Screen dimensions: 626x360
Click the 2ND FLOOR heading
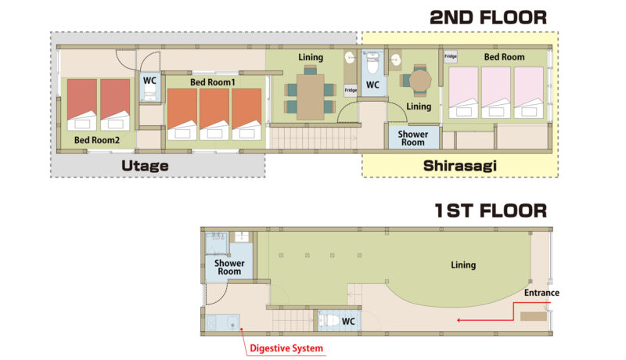pyautogui.click(x=487, y=17)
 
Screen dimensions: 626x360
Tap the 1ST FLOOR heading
pyautogui.click(x=491, y=211)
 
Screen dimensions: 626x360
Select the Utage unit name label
pyautogui.click(x=145, y=166)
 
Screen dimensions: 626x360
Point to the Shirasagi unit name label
pyautogui.click(x=460, y=166)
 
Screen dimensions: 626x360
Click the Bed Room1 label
pyautogui.click(x=212, y=82)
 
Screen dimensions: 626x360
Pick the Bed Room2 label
pyautogui.click(x=97, y=140)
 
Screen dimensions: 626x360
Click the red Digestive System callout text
pyautogui.click(x=286, y=348)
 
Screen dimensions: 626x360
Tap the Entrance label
pyautogui.click(x=541, y=293)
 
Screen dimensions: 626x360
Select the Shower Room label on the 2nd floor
pyautogui.click(x=413, y=139)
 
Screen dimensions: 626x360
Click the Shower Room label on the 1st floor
pyautogui.click(x=229, y=267)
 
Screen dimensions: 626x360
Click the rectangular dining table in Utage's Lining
pyautogui.click(x=310, y=96)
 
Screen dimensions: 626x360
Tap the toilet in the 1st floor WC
pyautogui.click(x=328, y=321)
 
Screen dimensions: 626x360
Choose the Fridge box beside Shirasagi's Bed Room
pyautogui.click(x=451, y=56)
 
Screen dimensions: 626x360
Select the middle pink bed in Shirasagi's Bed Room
pyautogui.click(x=496, y=92)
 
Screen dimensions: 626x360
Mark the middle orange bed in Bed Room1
pyautogui.click(x=214, y=114)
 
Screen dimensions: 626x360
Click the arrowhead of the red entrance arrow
pyautogui.click(x=459, y=320)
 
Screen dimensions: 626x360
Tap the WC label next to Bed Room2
pyautogui.click(x=149, y=81)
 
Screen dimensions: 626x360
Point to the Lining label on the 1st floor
pyautogui.click(x=463, y=265)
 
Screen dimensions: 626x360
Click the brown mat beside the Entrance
pyautogui.click(x=534, y=316)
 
